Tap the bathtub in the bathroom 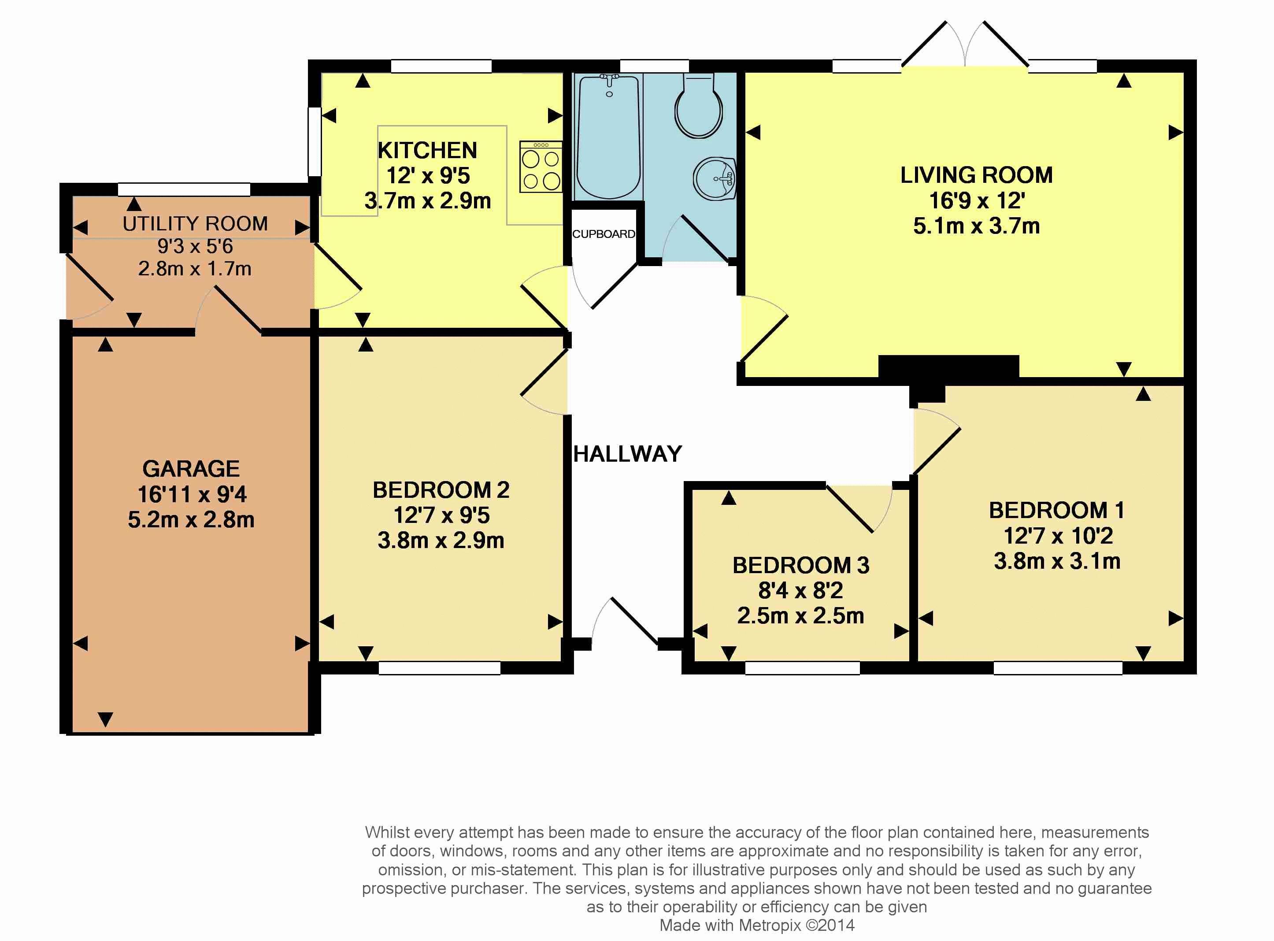(609, 137)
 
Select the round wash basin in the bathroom (714, 179)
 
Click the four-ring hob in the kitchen (541, 167)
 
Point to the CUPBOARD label (604, 234)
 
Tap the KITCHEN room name (427, 150)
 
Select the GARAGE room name (191, 469)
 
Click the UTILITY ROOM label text (195, 224)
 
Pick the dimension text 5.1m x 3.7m (977, 226)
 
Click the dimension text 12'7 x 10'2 (1058, 536)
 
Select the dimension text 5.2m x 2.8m (191, 519)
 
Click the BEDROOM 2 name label (441, 490)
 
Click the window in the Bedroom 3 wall (803, 667)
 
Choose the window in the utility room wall (184, 190)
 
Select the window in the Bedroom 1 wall (1058, 667)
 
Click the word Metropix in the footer (770, 926)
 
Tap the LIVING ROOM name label (976, 175)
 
